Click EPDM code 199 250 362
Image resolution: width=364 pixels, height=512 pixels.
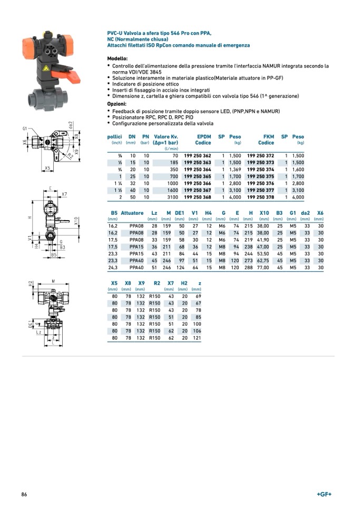coord(198,156)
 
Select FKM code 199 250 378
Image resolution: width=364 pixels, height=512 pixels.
coord(261,197)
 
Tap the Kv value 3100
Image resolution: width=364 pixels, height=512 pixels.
coord(172,197)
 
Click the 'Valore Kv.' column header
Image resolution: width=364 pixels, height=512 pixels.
coord(165,136)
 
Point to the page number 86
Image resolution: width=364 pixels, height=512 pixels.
coord(24,494)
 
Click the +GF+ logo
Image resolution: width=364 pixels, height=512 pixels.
coord(324,494)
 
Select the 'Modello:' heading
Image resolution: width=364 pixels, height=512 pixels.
coord(117,58)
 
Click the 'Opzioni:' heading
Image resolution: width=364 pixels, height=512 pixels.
coord(117,104)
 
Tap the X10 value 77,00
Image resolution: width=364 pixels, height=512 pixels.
coord(263,268)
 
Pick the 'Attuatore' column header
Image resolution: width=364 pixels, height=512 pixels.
coord(132,213)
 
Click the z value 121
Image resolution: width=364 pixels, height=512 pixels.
coord(196,338)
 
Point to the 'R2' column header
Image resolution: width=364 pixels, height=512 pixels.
coord(157,283)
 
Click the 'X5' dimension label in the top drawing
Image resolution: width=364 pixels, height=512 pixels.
coord(47,168)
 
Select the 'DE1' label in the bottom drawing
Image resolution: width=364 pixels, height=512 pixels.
coord(31,323)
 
